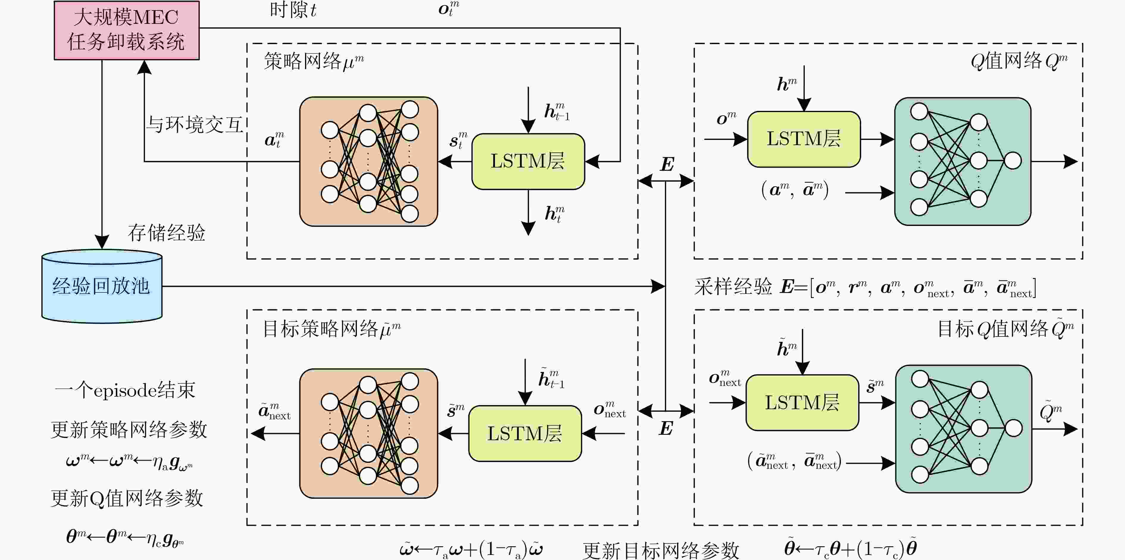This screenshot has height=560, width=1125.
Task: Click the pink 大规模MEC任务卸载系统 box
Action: coord(127,30)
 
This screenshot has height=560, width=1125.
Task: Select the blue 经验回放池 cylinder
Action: coord(102,286)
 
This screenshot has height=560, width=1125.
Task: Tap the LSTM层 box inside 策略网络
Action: coord(528,161)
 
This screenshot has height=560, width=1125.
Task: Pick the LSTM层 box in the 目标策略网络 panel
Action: coord(525,433)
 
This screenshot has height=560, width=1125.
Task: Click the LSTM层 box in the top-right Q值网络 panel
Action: coord(804,139)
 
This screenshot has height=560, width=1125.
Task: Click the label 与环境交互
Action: coord(194,125)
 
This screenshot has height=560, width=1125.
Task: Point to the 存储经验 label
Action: coord(166,232)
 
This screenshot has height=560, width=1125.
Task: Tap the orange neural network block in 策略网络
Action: coord(368,161)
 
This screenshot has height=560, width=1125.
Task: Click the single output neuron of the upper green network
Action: coord(1013,160)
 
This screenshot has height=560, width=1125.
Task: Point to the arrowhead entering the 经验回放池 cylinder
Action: coord(102,242)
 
